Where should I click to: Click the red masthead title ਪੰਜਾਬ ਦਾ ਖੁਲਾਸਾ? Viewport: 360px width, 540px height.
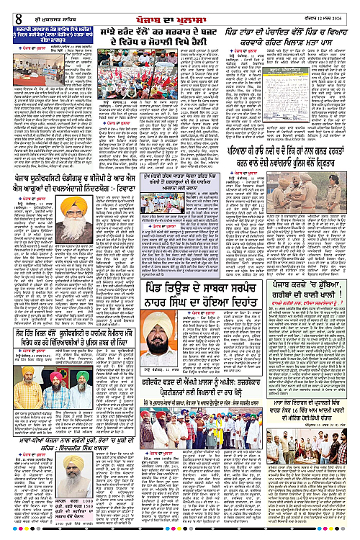click(179, 9)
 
